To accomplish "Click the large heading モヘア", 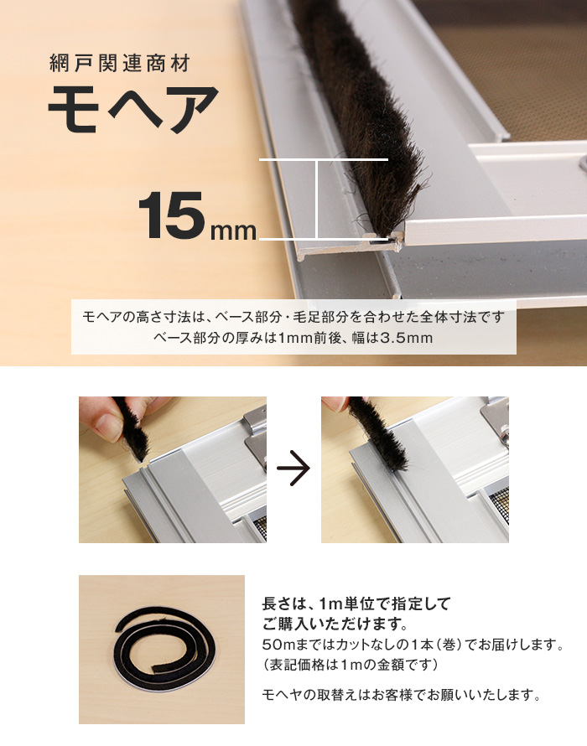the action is pyautogui.click(x=133, y=109).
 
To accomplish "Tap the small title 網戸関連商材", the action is pyautogui.click(x=119, y=63).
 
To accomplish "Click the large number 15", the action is pyautogui.click(x=171, y=215).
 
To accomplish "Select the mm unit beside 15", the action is pyautogui.click(x=233, y=231).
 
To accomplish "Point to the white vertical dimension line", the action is pyautogui.click(x=317, y=199).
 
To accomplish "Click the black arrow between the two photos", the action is pyautogui.click(x=293, y=469).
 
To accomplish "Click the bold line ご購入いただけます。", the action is pyautogui.click(x=335, y=624).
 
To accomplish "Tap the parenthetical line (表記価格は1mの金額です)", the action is pyautogui.click(x=350, y=664).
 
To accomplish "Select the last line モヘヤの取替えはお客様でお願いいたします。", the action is pyautogui.click(x=402, y=695).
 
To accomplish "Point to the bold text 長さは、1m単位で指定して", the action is pyautogui.click(x=356, y=604).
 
